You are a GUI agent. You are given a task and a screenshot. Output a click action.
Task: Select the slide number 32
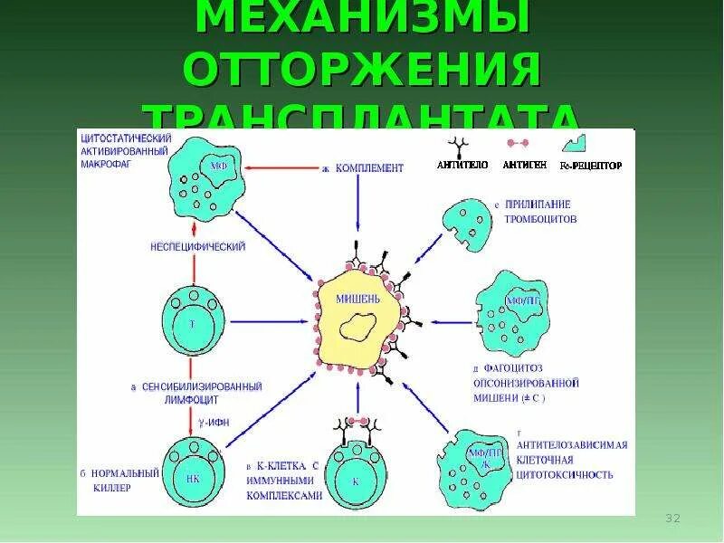(672, 519)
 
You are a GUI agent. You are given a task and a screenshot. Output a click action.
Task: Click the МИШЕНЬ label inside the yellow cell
(358, 297)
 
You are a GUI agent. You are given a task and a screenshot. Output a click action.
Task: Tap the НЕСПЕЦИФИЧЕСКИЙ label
(198, 246)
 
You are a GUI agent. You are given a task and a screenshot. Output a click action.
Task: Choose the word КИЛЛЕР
(110, 488)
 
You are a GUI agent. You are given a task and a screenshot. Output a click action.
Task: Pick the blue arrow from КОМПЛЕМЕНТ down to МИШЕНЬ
(358, 217)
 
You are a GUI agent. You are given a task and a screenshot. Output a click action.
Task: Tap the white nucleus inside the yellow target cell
(361, 327)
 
